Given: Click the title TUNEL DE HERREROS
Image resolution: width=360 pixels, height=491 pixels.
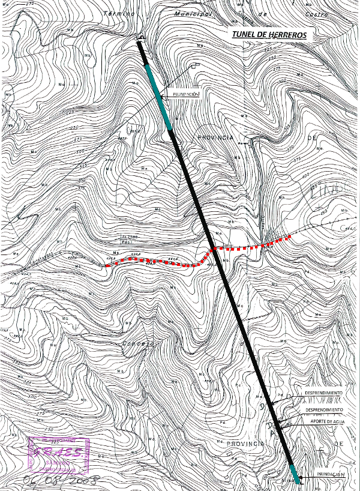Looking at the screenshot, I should click(x=269, y=35).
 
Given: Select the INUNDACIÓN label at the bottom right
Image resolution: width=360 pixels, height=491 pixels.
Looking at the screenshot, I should click(x=326, y=475).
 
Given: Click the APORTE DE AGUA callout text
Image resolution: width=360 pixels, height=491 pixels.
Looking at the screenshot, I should click(x=326, y=421).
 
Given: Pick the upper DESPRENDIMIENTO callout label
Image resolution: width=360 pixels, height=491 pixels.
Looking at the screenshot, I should click(x=323, y=393).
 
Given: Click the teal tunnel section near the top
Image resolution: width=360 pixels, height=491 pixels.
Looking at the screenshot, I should click(x=159, y=96).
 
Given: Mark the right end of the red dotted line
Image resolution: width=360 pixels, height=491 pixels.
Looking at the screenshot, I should click(x=290, y=236).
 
